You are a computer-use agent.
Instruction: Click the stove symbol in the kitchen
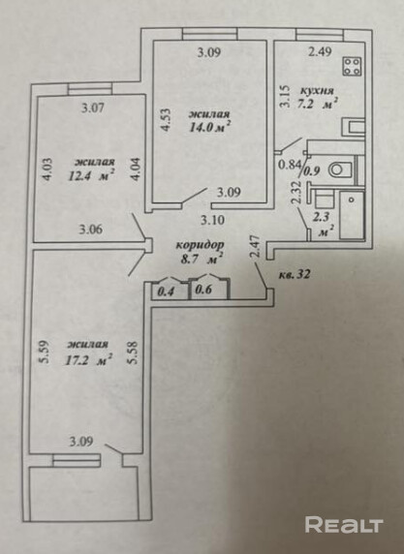pyautogui.click(x=352, y=66)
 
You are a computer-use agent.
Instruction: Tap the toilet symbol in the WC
pyautogui.click(x=340, y=169)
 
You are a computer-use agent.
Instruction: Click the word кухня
pyautogui.click(x=317, y=90)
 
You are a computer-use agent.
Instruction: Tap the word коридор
pyautogui.click(x=200, y=244)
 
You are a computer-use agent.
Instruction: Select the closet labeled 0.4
pyautogui.click(x=166, y=292)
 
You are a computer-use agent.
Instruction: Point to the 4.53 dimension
pyautogui.click(x=166, y=120)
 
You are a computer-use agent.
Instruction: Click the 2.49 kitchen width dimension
pyautogui.click(x=320, y=52)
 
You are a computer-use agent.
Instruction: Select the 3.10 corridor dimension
pyautogui.click(x=212, y=221)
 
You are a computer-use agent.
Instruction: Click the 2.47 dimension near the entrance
pyautogui.click(x=257, y=247)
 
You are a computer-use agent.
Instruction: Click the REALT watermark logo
pyautogui.click(x=344, y=524)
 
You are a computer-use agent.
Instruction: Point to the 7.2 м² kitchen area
pyautogui.click(x=317, y=105)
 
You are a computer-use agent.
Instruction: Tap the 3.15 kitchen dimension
pyautogui.click(x=286, y=96)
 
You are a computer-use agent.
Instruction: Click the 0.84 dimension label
pyautogui.click(x=290, y=164)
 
